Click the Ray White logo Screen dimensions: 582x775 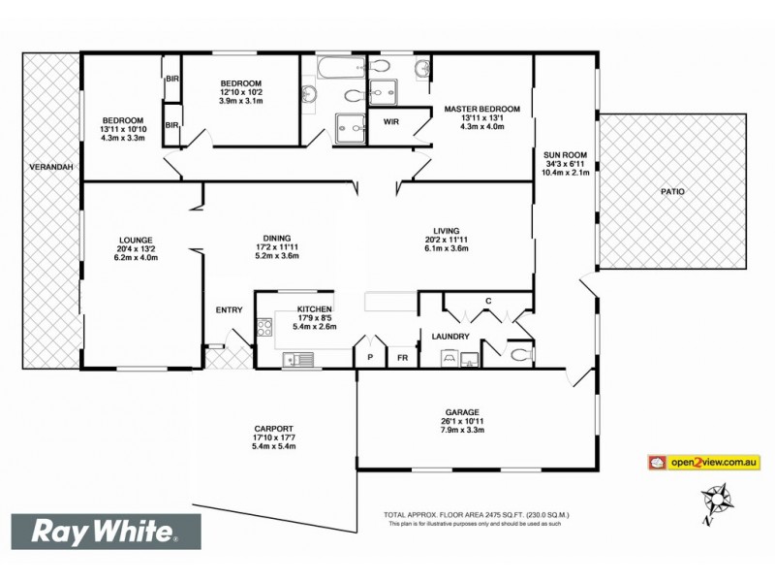pyautogui.click(x=105, y=533)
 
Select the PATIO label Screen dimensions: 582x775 pyautogui.click(x=672, y=192)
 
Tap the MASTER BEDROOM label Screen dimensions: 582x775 pyautogui.click(x=482, y=109)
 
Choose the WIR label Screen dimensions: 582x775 pyautogui.click(x=391, y=122)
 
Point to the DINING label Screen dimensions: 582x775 pyautogui.click(x=277, y=235)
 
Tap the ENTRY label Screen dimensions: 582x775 pyautogui.click(x=230, y=310)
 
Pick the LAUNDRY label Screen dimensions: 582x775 pyautogui.click(x=451, y=337)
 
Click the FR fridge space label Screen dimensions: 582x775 pyautogui.click(x=402, y=357)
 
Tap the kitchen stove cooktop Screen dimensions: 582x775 pyautogui.click(x=263, y=330)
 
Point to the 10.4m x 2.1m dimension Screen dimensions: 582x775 pyautogui.click(x=565, y=175)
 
